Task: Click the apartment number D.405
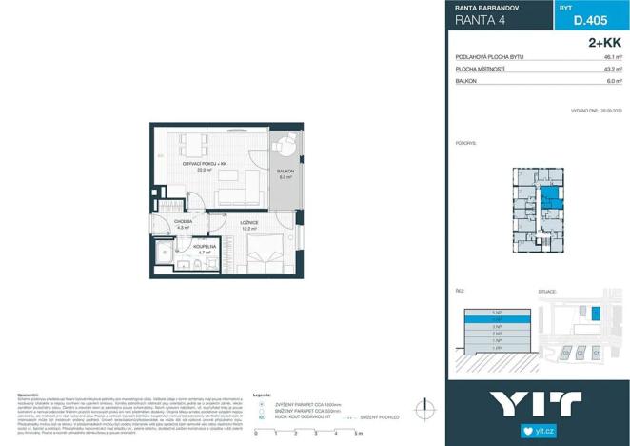tap(591, 20)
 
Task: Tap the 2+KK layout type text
tap(604, 42)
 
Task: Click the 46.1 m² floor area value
tap(613, 57)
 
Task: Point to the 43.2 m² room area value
tap(613, 70)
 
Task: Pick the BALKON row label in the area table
tap(466, 82)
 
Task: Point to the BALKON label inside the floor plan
tap(285, 172)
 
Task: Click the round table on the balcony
tap(284, 149)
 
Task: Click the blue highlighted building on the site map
tap(596, 313)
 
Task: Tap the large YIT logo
tap(537, 403)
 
